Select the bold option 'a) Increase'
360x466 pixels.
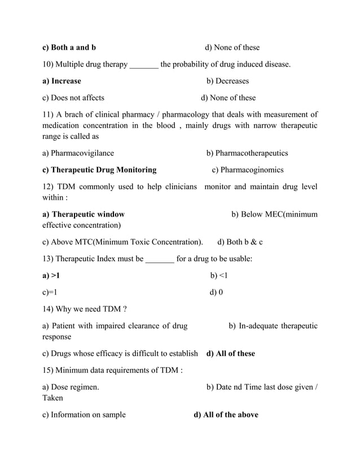[x=62, y=81]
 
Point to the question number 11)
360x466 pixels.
[x=50, y=115]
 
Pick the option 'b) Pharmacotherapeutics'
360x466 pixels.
[x=247, y=153]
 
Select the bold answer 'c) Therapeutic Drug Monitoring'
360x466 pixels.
[x=99, y=170]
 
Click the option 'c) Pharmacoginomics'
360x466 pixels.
[x=247, y=170]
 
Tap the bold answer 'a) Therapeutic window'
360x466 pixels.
[x=84, y=214]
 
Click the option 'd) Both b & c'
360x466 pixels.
[x=240, y=242]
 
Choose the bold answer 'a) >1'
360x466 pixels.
[x=51, y=276]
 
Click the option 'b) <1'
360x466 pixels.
[x=218, y=276]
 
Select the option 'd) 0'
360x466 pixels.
[x=216, y=292]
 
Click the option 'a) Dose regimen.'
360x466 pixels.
[x=71, y=387]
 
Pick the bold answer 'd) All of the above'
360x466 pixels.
[x=226, y=415]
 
